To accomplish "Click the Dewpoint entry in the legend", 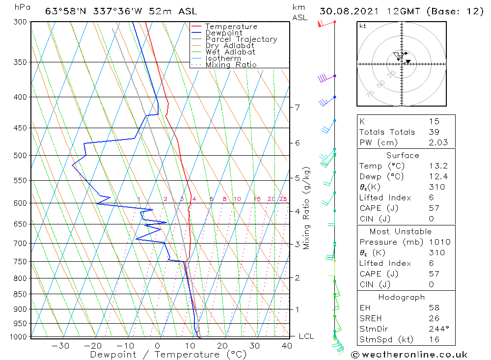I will point(223,33).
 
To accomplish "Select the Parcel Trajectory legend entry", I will point(241,39).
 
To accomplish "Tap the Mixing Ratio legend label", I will point(231,65).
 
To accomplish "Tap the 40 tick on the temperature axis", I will point(287,346).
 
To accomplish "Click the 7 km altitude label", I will point(297,107).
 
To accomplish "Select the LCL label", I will point(306,336).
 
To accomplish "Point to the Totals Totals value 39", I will point(434,132).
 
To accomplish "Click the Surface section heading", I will point(403,155).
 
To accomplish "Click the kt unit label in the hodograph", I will point(363,26).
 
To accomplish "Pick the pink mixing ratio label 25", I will point(283,199).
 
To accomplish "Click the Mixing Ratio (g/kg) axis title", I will point(307,208).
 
